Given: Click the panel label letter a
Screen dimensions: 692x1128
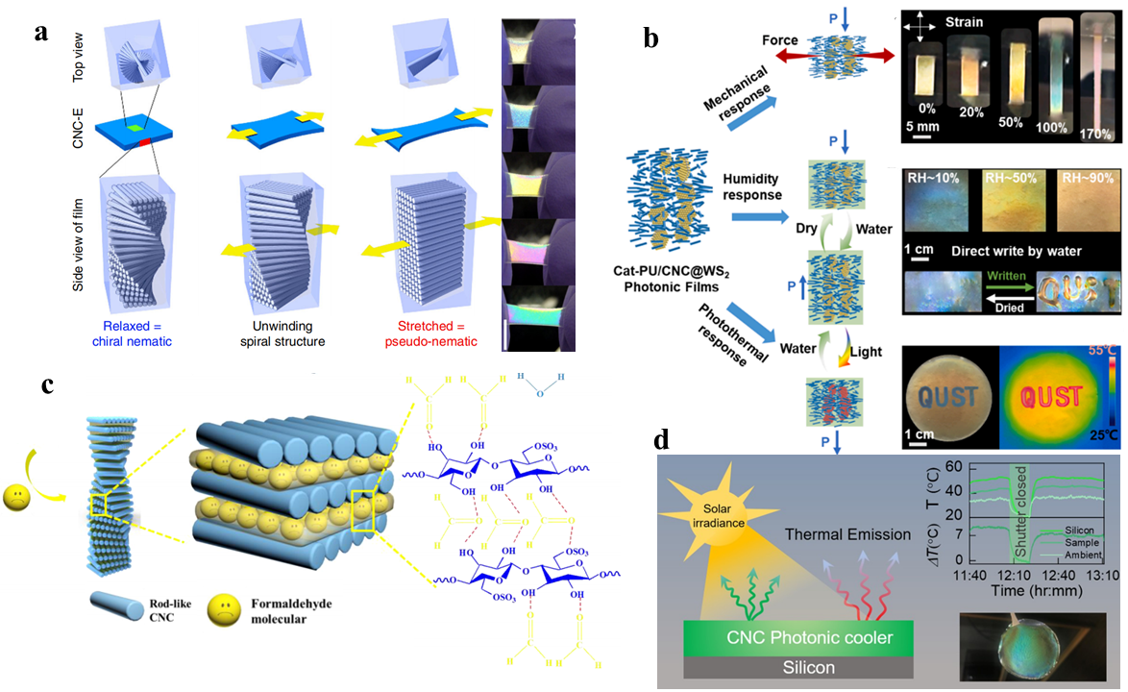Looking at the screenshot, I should pyautogui.click(x=41, y=32).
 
